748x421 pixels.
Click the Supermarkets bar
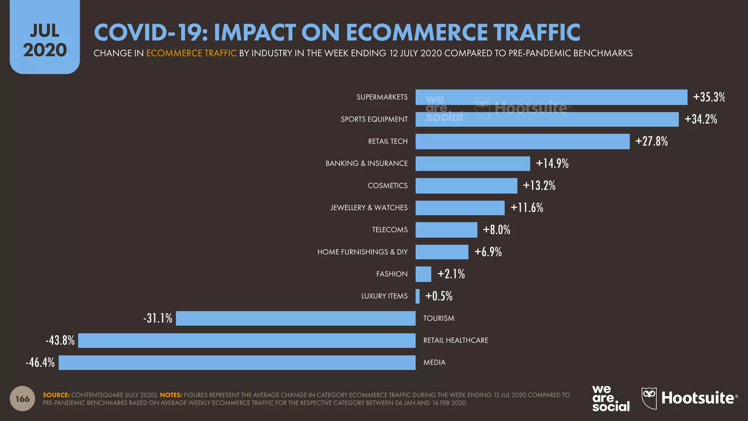click(x=551, y=97)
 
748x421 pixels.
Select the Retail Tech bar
click(x=522, y=141)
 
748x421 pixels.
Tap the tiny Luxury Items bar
click(x=417, y=296)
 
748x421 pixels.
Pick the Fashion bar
click(x=423, y=274)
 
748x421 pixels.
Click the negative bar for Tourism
click(x=295, y=318)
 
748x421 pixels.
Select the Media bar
click(x=237, y=363)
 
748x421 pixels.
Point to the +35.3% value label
click(x=709, y=97)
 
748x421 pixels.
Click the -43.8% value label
click(x=60, y=341)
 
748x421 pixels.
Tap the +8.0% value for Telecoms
click(x=496, y=230)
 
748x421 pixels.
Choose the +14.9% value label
click(x=552, y=163)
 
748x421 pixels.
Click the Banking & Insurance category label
click(x=366, y=163)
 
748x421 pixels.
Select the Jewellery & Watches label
click(x=369, y=208)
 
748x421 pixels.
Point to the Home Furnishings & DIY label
click(x=362, y=252)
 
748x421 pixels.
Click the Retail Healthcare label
click(x=455, y=340)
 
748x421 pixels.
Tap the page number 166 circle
click(x=22, y=399)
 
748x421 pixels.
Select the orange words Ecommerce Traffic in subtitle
click(x=191, y=53)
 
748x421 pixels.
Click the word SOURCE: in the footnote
click(x=56, y=395)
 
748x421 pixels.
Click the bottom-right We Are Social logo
click(x=611, y=399)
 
